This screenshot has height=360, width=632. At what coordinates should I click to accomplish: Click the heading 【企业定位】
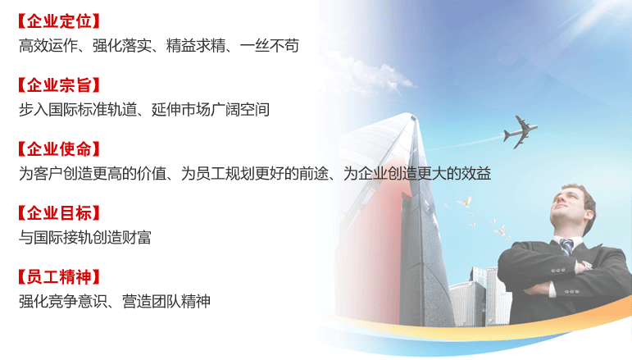pyautogui.click(x=59, y=21)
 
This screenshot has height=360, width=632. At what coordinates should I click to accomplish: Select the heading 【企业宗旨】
pyautogui.click(x=59, y=85)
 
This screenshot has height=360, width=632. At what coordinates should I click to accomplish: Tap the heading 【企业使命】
pyautogui.click(x=59, y=149)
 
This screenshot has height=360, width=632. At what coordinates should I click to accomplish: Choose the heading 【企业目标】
pyautogui.click(x=59, y=213)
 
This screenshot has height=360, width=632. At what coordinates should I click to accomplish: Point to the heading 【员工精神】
pyautogui.click(x=59, y=277)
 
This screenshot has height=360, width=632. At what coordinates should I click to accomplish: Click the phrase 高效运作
pyautogui.click(x=48, y=46)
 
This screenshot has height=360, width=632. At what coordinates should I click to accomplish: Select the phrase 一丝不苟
pyautogui.click(x=269, y=46)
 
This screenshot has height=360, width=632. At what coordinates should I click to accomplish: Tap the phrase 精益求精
pyautogui.click(x=195, y=46)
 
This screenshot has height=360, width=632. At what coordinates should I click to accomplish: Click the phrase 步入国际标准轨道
pyautogui.click(x=78, y=110)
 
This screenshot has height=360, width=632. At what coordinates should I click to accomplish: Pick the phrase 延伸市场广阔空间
pyautogui.click(x=211, y=110)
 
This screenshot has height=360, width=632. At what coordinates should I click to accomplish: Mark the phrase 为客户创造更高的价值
pyautogui.click(x=93, y=173)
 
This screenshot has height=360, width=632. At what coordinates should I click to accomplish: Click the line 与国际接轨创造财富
pyautogui.click(x=85, y=238)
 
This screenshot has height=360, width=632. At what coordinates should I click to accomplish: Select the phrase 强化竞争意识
pyautogui.click(x=63, y=301)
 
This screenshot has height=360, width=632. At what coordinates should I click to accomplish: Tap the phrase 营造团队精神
pyautogui.click(x=166, y=301)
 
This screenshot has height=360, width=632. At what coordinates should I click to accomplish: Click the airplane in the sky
pyautogui.click(x=520, y=132)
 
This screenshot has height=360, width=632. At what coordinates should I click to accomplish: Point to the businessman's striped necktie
pyautogui.click(x=566, y=247)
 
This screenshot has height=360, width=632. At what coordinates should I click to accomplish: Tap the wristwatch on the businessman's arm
pyautogui.click(x=587, y=265)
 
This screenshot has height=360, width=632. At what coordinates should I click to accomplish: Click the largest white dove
pyautogui.click(x=464, y=201)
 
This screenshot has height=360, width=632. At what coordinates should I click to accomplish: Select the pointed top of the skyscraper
pyautogui.click(x=413, y=116)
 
